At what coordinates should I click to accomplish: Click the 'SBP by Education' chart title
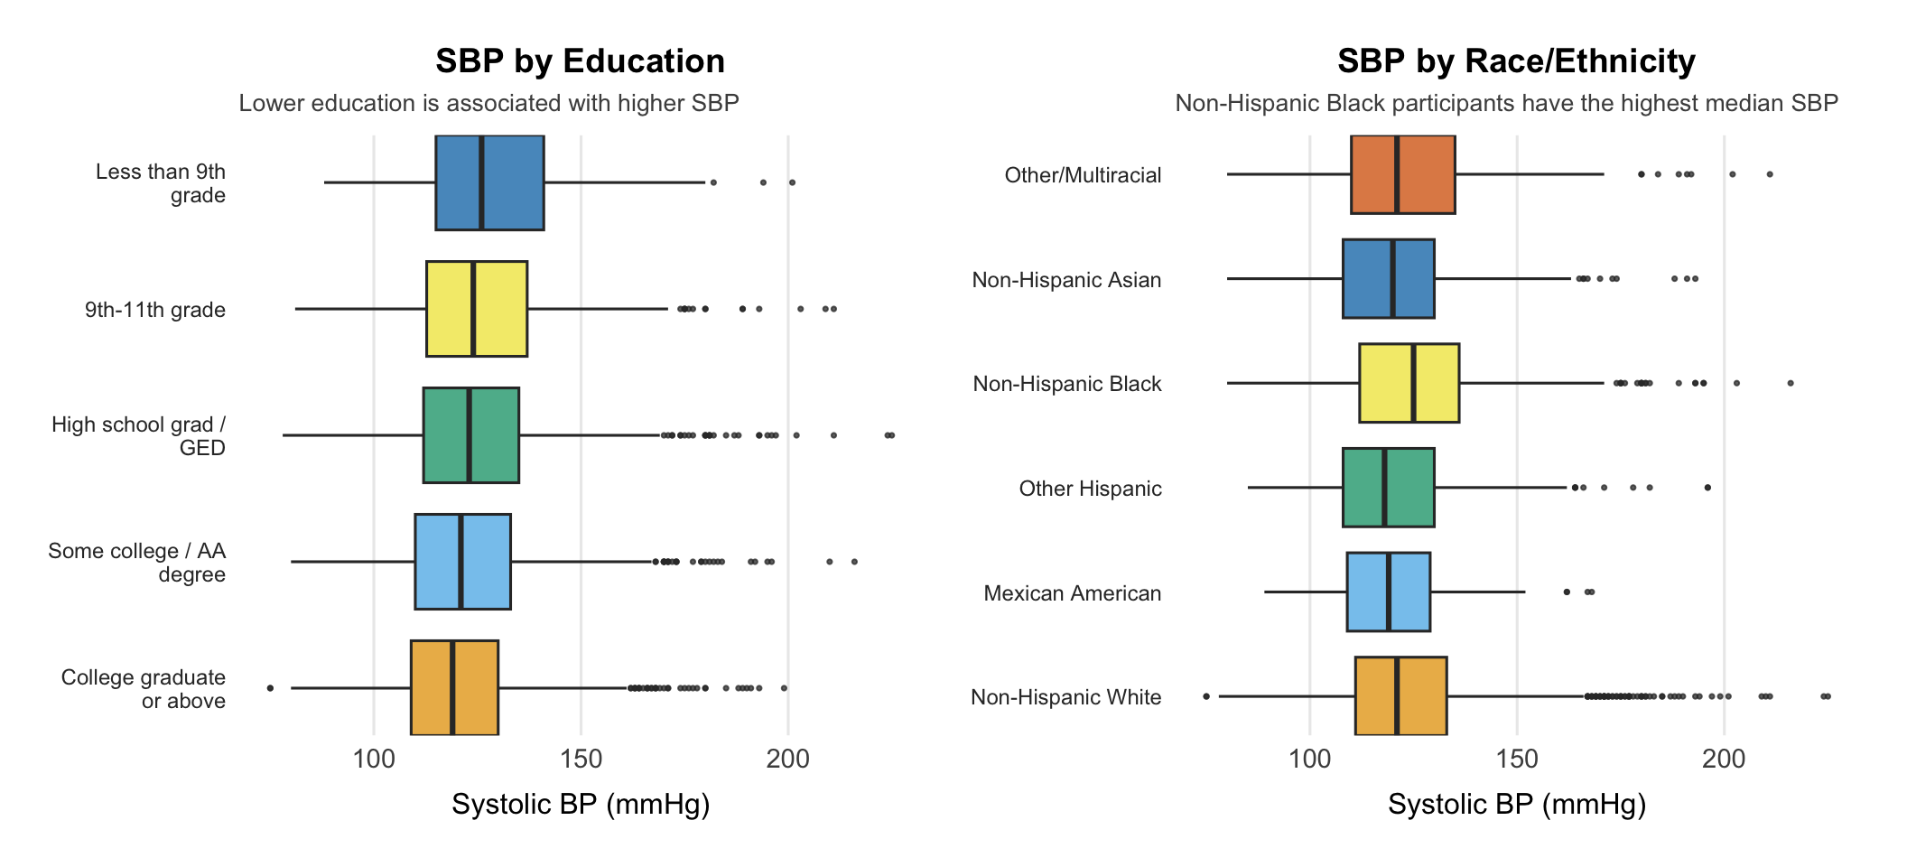click(x=580, y=61)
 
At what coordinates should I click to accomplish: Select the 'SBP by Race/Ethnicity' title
click(x=1516, y=61)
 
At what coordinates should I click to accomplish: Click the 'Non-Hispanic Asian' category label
click(x=1066, y=280)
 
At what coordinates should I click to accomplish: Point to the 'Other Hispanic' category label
click(x=1090, y=489)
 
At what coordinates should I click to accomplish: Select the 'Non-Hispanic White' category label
click(x=1065, y=697)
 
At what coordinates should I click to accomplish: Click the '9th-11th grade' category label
click(x=155, y=310)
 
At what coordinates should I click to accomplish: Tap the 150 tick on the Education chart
click(x=581, y=759)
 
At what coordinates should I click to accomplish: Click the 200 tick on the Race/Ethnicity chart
click(x=1724, y=759)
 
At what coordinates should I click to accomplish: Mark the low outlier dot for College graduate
click(x=270, y=688)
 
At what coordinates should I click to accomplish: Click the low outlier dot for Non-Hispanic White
click(x=1206, y=696)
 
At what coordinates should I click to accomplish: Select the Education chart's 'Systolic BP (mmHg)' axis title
click(x=581, y=804)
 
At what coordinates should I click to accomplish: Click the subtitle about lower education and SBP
click(x=488, y=104)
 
